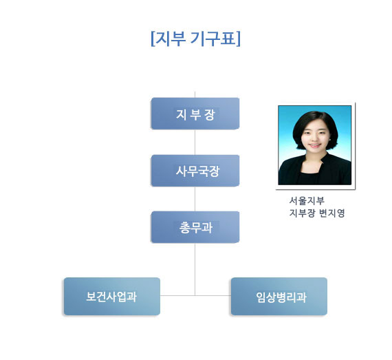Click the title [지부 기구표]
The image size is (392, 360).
(x=195, y=39)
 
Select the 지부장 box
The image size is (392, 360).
(x=195, y=114)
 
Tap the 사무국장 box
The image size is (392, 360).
(x=195, y=171)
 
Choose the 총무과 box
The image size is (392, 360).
(x=195, y=227)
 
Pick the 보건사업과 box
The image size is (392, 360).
(x=112, y=296)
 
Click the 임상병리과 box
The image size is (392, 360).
(x=279, y=296)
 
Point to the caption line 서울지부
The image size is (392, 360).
(x=307, y=200)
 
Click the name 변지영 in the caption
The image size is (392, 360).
(x=332, y=213)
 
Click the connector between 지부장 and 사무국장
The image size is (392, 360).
(x=195, y=142)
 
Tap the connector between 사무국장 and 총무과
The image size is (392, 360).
(x=195, y=199)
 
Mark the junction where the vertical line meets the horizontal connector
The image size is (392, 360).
(x=195, y=295)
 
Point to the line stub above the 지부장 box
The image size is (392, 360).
(x=195, y=94)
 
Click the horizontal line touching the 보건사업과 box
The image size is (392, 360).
(x=177, y=295)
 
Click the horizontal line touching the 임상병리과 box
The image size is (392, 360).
(x=213, y=295)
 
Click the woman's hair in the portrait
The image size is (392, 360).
(x=316, y=119)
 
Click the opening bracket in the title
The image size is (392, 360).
(x=153, y=39)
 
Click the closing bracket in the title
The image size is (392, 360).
(x=239, y=39)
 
